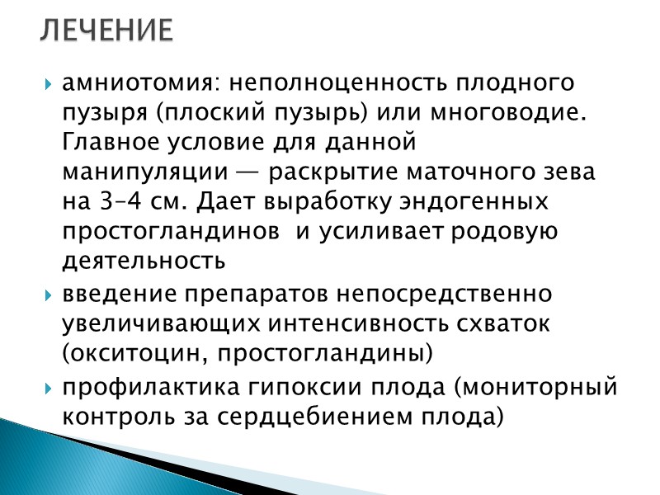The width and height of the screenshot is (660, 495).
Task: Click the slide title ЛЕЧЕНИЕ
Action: click(106, 31)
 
